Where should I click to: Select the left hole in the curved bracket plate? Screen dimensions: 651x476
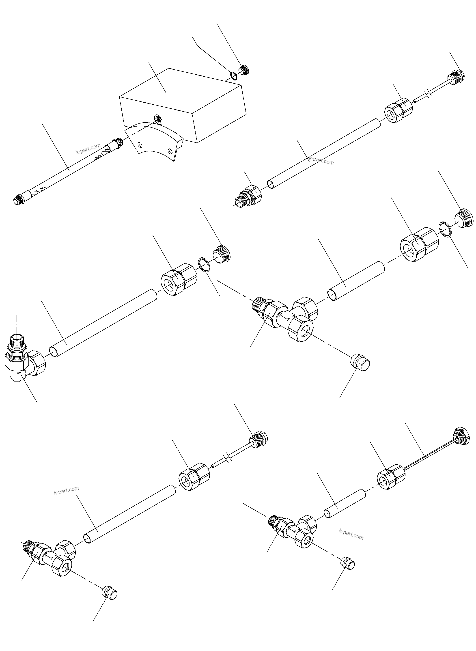(140, 145)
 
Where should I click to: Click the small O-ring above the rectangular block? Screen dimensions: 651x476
(233, 75)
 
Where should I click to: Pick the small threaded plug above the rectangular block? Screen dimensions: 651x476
(244, 70)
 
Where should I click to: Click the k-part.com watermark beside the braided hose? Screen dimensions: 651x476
(88, 149)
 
